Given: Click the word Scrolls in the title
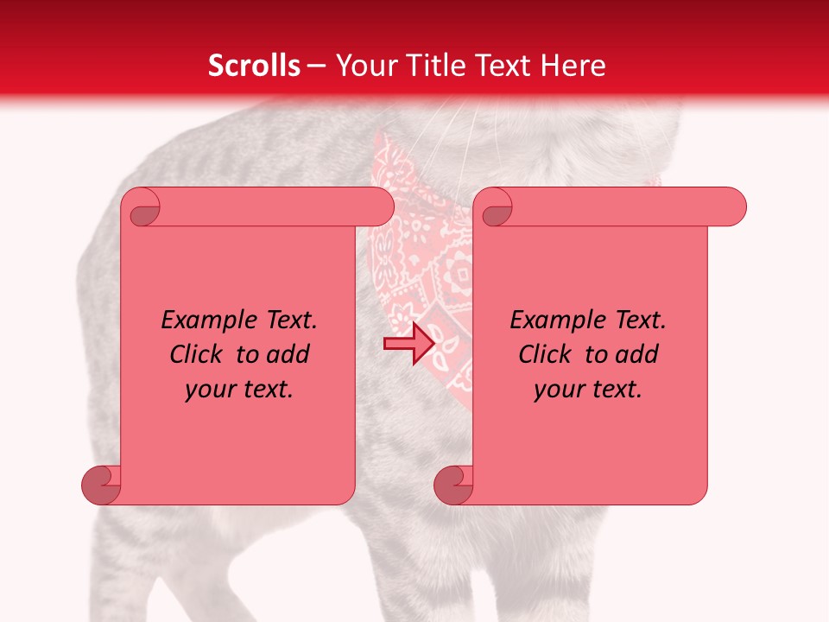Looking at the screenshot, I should (x=254, y=66).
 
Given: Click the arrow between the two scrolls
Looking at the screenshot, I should (x=408, y=344).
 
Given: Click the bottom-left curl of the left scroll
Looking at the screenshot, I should (x=101, y=485).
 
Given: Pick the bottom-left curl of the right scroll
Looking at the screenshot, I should (x=453, y=485).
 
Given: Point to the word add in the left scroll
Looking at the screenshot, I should (x=289, y=354).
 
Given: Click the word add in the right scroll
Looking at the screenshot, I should (x=638, y=354).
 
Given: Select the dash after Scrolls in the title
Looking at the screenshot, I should (x=316, y=66).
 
